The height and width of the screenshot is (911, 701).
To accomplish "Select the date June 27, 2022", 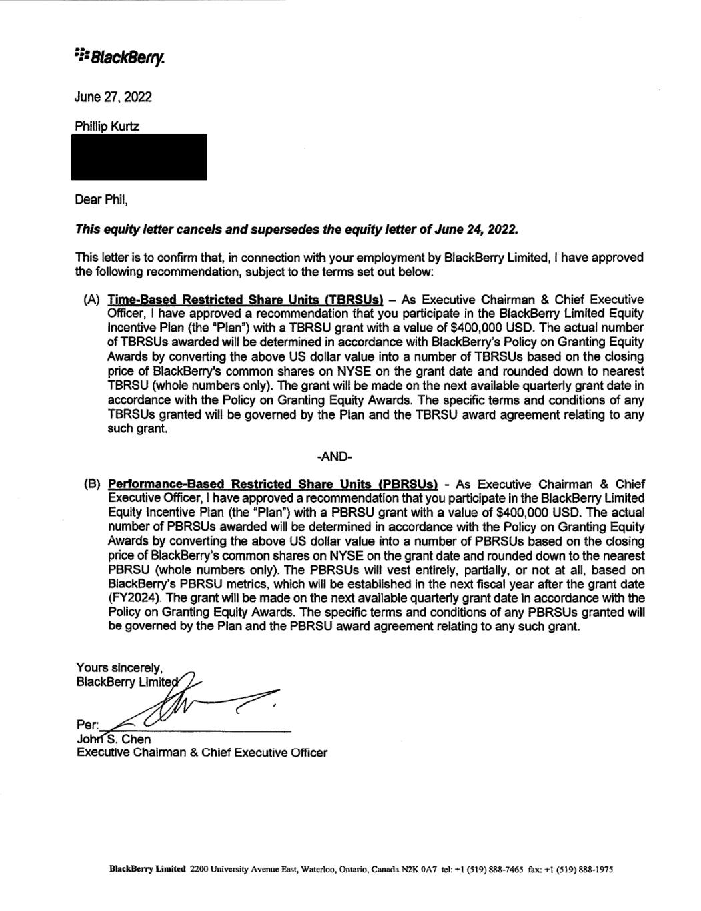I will [x=113, y=97].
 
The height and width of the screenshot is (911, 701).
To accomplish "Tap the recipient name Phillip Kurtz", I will [x=107, y=127].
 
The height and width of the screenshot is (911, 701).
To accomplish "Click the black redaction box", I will [x=139, y=157].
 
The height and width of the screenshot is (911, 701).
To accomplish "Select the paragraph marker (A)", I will [x=92, y=300].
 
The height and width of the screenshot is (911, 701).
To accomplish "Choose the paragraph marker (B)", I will [x=92, y=484].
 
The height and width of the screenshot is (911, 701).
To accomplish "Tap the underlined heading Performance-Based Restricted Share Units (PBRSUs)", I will [x=273, y=484].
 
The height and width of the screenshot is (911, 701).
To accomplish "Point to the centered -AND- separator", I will [x=334, y=457].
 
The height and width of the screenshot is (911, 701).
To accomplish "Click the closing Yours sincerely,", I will [x=119, y=668].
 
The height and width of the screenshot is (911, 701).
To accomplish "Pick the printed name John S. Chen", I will [x=113, y=739].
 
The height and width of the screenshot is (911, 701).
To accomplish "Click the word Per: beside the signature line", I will [x=87, y=725].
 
